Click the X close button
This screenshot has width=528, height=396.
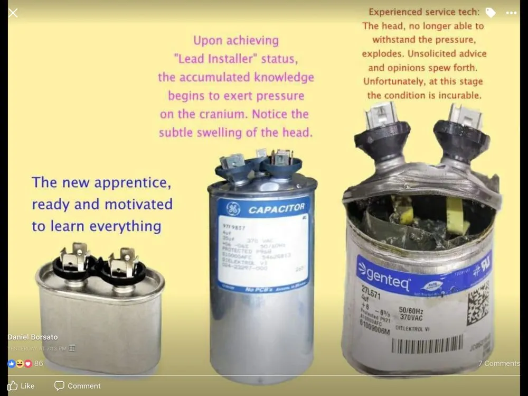[x=13, y=13]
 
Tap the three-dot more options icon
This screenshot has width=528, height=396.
[x=511, y=13]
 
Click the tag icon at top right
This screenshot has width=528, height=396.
[x=491, y=13]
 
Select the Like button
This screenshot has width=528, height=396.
[x=21, y=386]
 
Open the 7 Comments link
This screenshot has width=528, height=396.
[x=498, y=363]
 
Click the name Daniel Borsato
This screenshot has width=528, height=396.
[x=32, y=337]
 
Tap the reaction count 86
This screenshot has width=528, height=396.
[x=39, y=364]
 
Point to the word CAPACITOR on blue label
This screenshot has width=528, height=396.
[x=276, y=209]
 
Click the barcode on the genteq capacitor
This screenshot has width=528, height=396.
[x=427, y=345]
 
